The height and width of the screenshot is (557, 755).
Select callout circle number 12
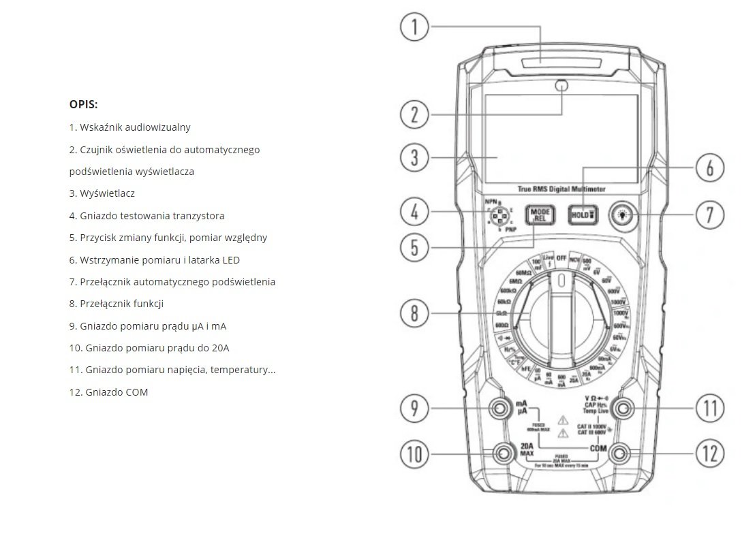[x=709, y=453]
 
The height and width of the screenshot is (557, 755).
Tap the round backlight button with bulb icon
[x=621, y=214]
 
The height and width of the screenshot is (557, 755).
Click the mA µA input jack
[x=502, y=409]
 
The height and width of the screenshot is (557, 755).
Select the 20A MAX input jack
[x=505, y=453]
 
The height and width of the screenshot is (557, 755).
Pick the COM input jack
[x=621, y=453]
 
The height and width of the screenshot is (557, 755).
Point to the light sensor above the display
[x=562, y=86]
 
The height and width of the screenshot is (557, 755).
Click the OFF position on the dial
[x=561, y=259]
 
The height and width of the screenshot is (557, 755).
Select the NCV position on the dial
[x=576, y=260]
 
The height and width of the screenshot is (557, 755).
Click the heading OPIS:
[x=83, y=104]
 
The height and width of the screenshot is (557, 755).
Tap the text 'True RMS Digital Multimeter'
[x=561, y=189]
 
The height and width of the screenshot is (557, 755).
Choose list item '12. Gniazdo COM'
[x=108, y=392]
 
